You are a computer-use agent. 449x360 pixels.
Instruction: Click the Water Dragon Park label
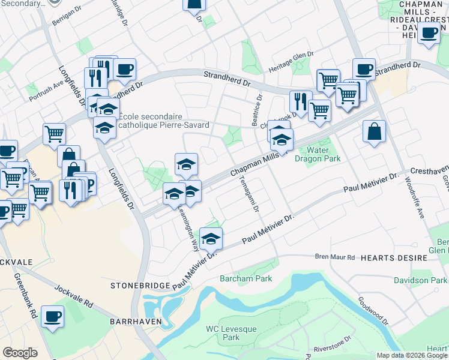(324, 154)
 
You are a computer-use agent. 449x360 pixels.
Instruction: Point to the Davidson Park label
(420, 280)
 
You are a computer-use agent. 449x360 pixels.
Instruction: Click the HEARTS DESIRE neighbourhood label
(394, 257)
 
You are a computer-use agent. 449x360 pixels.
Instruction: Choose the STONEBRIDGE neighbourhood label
(141, 286)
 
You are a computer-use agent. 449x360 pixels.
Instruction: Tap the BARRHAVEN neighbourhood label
(133, 322)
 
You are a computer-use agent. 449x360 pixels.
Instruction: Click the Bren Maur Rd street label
(335, 257)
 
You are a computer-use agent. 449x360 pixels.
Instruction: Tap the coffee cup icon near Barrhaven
(52, 316)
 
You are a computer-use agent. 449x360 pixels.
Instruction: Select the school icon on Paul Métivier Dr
(211, 239)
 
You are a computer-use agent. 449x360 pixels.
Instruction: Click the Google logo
(20, 353)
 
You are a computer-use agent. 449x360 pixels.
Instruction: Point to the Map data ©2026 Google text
(412, 355)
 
